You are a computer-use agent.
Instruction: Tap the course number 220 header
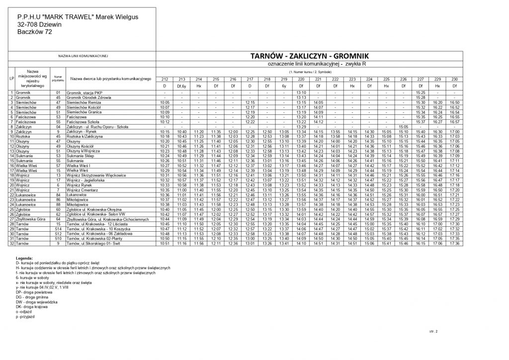pyautogui.click(x=301, y=79)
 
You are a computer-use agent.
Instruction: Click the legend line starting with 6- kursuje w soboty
pyautogui.click(x=38, y=279)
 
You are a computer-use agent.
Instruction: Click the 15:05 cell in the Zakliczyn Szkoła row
pyautogui.click(x=403, y=127)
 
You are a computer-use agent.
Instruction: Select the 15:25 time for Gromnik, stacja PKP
pyautogui.click(x=420, y=92)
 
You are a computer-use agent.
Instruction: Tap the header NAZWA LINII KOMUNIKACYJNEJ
pyautogui.click(x=83, y=56)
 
